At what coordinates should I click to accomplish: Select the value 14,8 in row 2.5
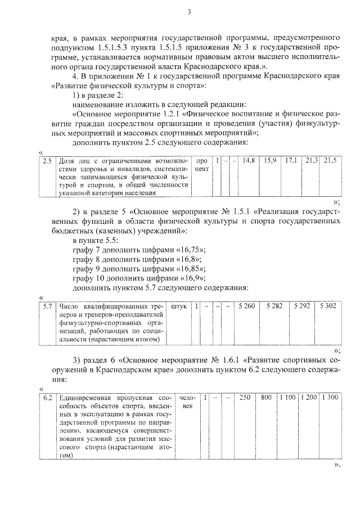click(x=249, y=161)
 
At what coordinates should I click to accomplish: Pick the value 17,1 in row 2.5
click(x=291, y=161)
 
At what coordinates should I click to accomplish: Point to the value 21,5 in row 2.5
click(x=330, y=161)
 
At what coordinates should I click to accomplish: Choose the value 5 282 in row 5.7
click(x=274, y=307)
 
